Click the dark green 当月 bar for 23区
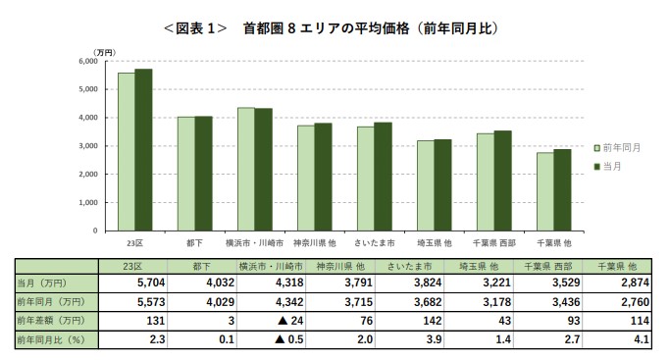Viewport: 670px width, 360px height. [x=144, y=149]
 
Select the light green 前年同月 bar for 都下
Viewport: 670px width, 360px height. [x=185, y=174]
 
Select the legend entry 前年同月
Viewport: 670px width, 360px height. [x=622, y=147]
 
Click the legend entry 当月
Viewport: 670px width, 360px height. [x=616, y=167]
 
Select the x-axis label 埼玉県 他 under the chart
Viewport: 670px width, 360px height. [x=434, y=241]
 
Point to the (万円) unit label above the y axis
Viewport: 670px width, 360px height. [x=103, y=51]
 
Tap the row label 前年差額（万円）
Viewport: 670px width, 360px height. [x=49, y=321]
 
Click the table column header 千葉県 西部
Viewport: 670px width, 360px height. [x=550, y=265]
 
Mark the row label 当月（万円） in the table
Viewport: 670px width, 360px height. [x=39, y=282]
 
